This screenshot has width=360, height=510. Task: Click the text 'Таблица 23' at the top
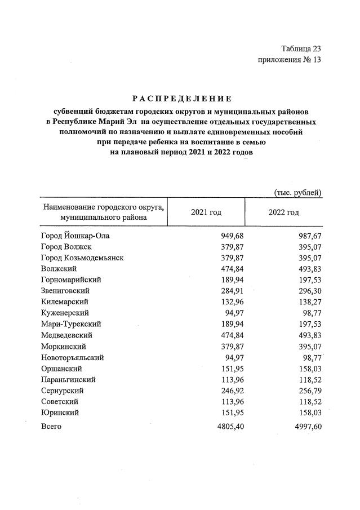300,49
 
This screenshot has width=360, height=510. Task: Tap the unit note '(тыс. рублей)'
297,193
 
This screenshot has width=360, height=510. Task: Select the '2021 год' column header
206,212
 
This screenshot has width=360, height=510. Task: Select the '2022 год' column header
284,212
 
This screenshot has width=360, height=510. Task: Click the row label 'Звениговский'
65,291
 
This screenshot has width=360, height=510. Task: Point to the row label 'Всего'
51,427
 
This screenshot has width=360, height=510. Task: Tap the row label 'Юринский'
60,412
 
